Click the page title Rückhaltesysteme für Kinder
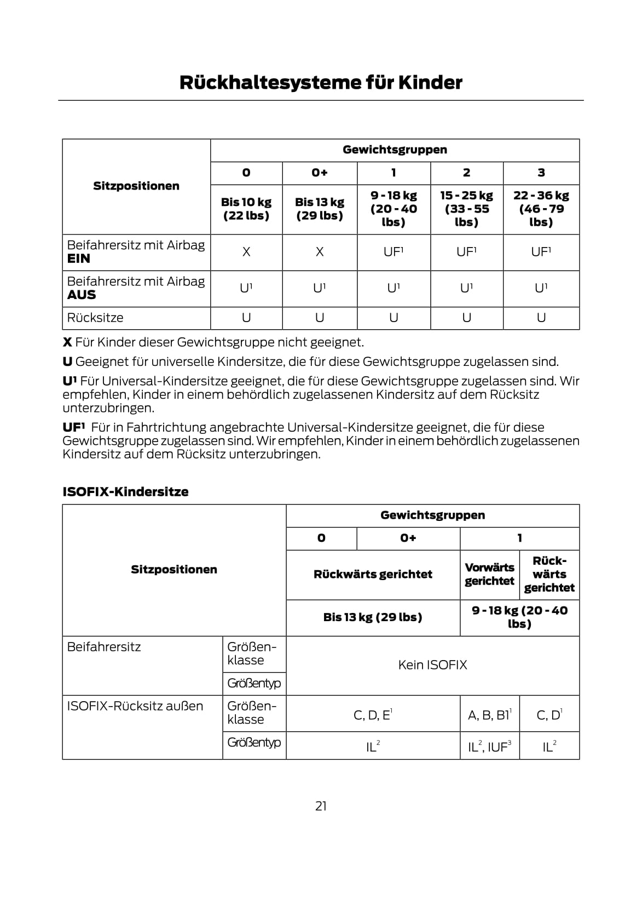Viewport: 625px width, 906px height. (x=321, y=83)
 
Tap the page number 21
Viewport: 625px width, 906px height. (x=321, y=806)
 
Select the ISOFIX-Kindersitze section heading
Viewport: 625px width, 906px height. (x=125, y=492)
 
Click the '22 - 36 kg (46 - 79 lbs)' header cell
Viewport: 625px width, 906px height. (x=541, y=209)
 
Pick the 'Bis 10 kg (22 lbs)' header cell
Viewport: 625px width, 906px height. (x=246, y=209)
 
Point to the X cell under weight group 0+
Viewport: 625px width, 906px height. (x=320, y=252)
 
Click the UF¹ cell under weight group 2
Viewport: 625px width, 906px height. (x=466, y=252)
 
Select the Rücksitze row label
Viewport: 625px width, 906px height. (x=95, y=318)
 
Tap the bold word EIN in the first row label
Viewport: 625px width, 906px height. (x=78, y=259)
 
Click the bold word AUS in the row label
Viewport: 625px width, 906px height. (x=81, y=295)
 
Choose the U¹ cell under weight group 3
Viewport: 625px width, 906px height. (x=541, y=288)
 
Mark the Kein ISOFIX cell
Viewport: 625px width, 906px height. (x=432, y=665)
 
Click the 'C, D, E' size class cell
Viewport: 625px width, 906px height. (x=373, y=715)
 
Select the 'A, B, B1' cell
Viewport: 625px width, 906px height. (x=489, y=715)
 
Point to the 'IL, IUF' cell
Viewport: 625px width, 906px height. (x=489, y=747)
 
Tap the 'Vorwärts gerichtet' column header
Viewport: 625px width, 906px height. (x=489, y=574)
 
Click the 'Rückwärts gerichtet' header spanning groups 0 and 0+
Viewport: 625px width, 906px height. (x=373, y=574)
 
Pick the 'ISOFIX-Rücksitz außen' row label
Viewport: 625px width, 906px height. (x=135, y=706)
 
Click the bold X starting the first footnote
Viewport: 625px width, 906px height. (x=67, y=342)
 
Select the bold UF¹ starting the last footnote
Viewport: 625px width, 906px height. (x=74, y=427)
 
